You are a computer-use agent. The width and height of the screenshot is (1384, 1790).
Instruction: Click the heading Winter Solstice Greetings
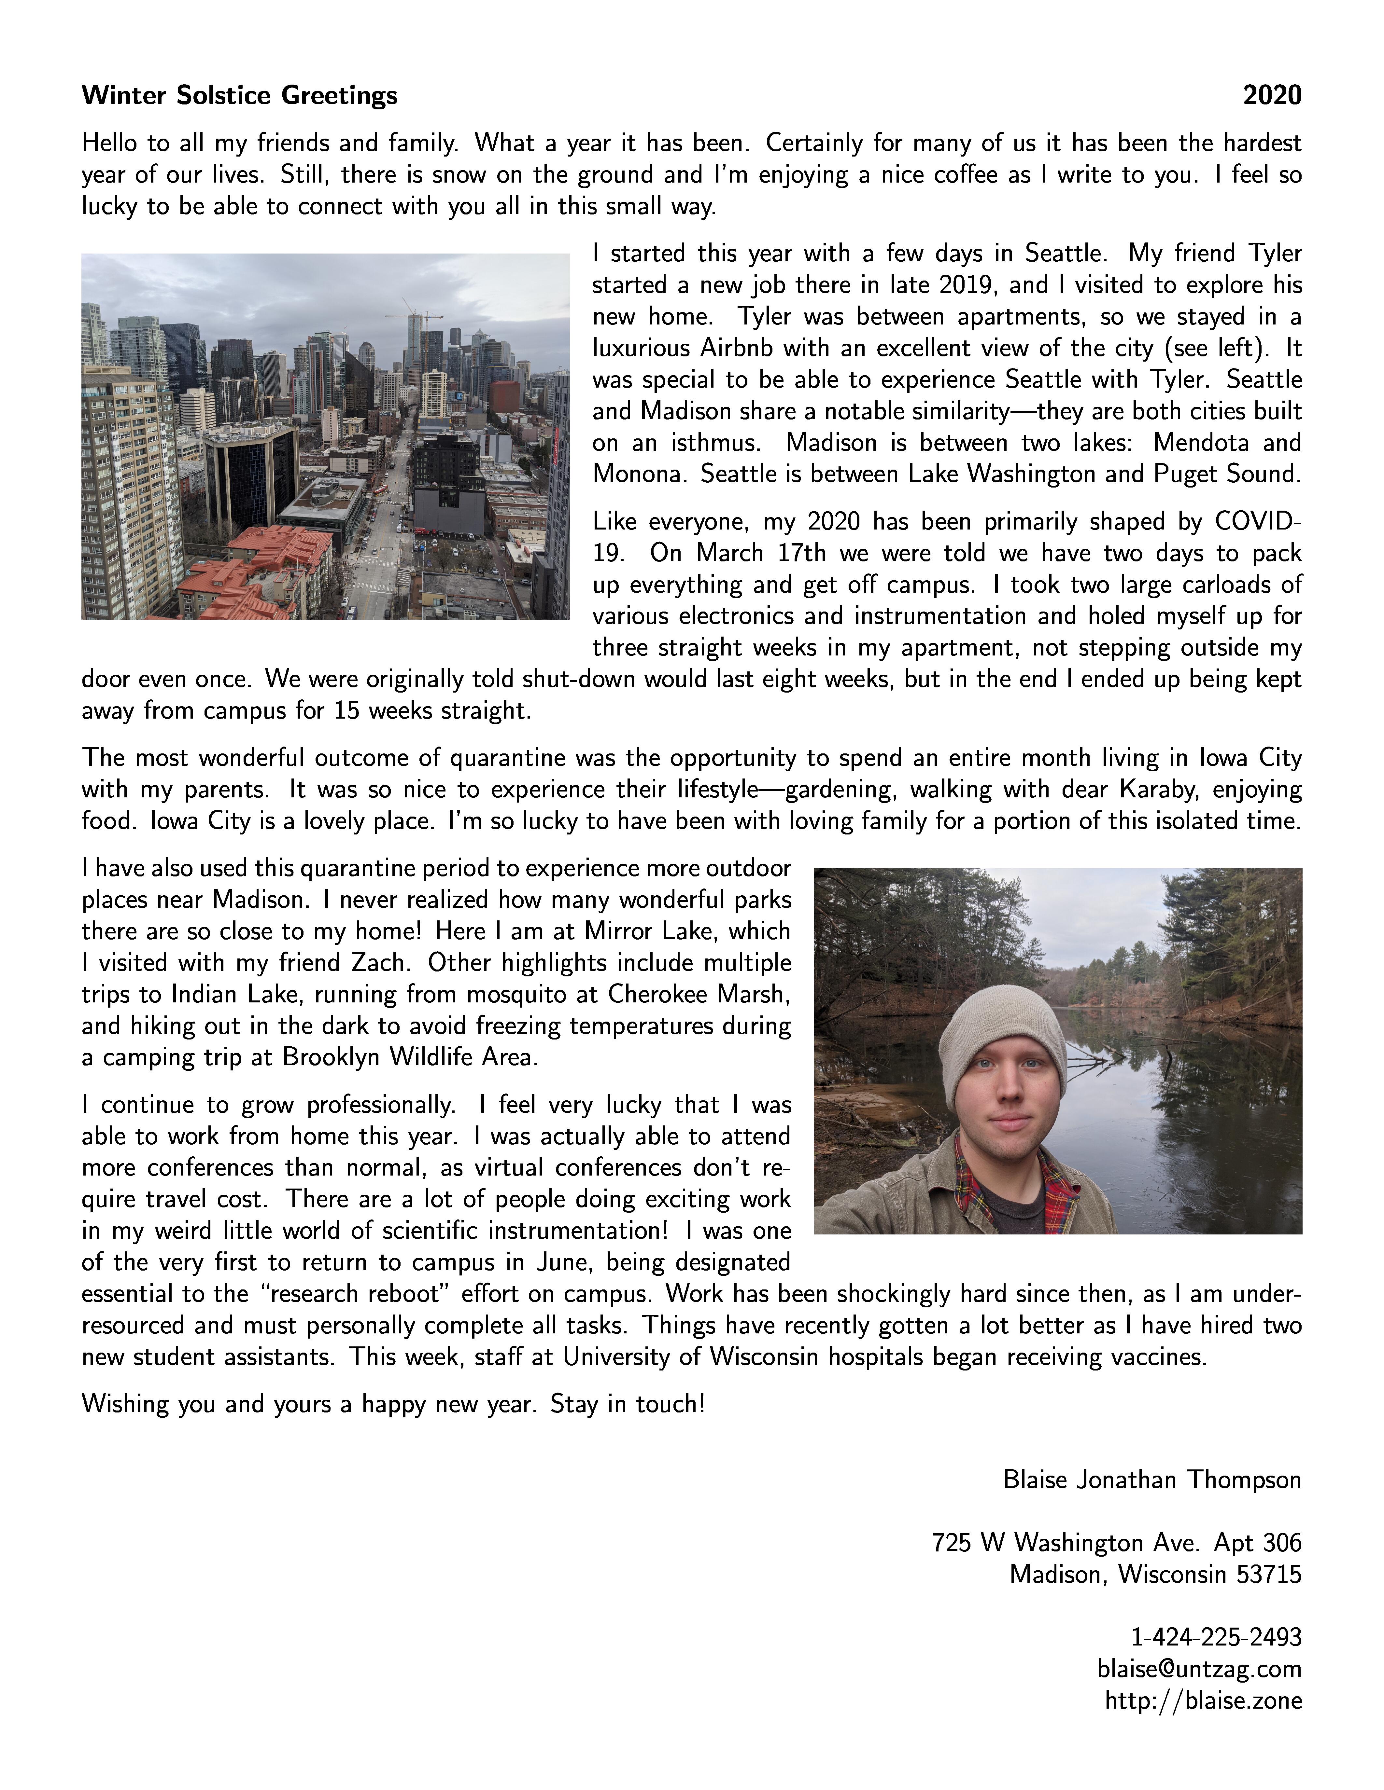(x=239, y=96)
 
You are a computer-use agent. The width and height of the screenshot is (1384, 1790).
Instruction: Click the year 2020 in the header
(x=1272, y=96)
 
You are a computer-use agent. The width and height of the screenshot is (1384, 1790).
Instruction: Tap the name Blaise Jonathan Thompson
(x=1152, y=1480)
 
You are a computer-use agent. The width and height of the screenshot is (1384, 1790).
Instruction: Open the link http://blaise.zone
(x=1203, y=1701)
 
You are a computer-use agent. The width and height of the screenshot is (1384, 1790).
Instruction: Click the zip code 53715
(x=1267, y=1575)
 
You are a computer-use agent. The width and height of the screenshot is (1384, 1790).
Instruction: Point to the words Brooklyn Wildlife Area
(x=410, y=1057)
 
